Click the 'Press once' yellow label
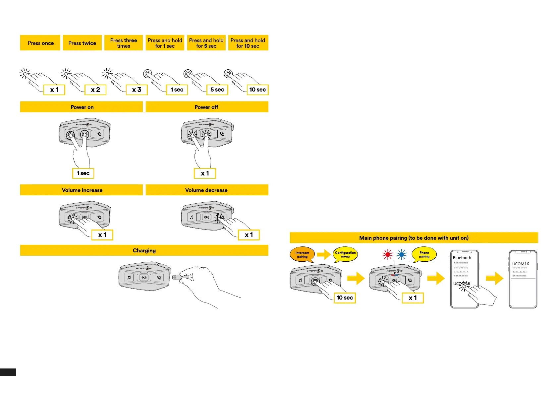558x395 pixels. [40, 43]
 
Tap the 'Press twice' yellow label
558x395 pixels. [82, 43]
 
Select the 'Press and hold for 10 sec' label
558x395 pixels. [248, 43]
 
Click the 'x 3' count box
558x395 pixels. [137, 90]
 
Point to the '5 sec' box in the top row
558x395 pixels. [217, 90]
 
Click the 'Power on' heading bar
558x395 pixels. [82, 107]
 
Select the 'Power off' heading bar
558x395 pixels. [206, 107]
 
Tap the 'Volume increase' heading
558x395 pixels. [82, 190]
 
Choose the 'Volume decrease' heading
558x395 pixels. [206, 190]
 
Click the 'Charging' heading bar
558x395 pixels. [144, 250]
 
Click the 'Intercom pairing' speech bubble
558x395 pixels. [302, 254]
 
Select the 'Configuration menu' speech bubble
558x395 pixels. [345, 254]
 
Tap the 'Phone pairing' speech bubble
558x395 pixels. [424, 254]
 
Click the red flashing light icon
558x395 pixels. [387, 255]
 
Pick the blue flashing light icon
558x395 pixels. [401, 255]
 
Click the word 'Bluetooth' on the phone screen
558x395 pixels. [462, 258]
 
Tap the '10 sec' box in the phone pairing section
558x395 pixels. [345, 298]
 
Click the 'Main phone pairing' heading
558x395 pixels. [414, 238]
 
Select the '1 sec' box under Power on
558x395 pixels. [83, 173]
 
